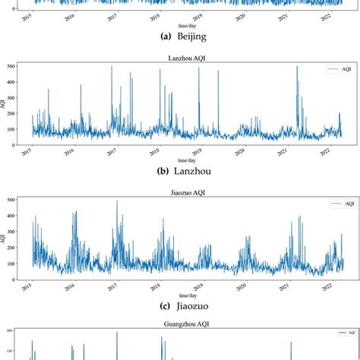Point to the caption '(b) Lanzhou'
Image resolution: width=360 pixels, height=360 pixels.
179,172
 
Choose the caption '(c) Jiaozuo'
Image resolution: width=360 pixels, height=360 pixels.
179,306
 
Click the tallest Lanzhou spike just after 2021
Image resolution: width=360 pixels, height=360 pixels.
297,68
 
